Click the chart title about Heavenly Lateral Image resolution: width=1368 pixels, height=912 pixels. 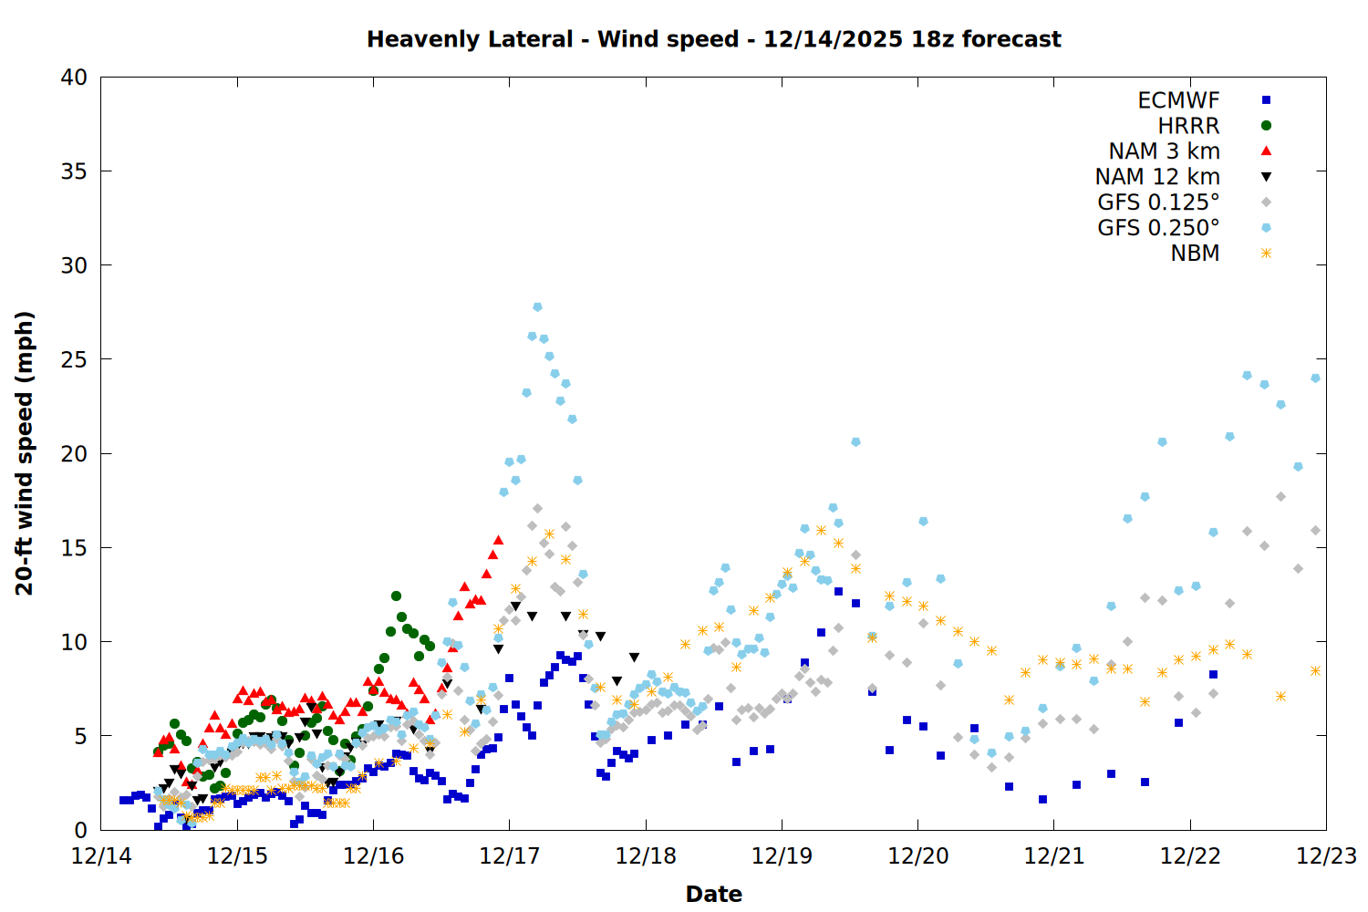[713, 39]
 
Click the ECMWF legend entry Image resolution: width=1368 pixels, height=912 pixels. [1178, 100]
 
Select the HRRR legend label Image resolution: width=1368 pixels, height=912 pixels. [1188, 126]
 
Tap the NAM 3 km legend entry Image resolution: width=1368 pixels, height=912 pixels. [1164, 151]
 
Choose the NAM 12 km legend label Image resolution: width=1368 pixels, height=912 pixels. [1157, 177]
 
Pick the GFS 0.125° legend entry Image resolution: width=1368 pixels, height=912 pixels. [1158, 202]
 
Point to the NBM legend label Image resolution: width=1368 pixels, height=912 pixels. [1195, 254]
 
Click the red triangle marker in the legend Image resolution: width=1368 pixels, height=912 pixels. [1266, 151]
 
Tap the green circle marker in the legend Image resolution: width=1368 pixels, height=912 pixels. [1266, 126]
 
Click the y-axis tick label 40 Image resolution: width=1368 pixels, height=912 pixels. [74, 78]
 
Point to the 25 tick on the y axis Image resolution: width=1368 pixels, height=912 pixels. [74, 359]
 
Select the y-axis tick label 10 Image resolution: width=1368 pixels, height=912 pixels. [74, 642]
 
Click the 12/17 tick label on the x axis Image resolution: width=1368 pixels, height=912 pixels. [510, 856]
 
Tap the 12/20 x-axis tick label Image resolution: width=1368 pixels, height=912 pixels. [917, 856]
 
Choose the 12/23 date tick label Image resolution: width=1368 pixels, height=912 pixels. [1326, 856]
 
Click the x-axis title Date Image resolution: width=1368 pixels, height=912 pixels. [713, 894]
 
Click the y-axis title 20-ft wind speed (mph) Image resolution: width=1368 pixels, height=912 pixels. [25, 453]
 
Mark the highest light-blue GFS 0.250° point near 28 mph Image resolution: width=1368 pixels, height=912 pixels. [537, 307]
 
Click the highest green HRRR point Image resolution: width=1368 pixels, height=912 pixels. [396, 596]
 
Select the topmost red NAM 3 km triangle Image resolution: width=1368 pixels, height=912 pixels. [498, 540]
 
